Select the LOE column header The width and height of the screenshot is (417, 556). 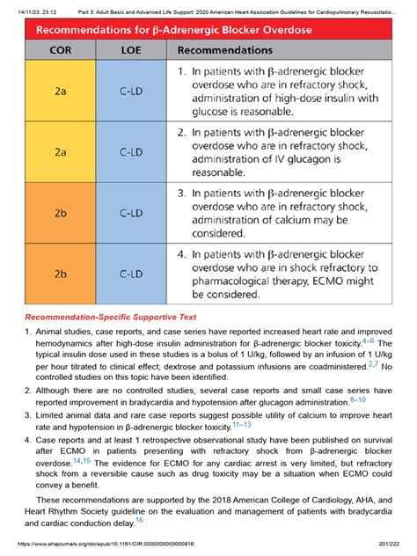click(x=131, y=52)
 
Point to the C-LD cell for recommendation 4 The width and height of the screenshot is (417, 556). click(x=131, y=273)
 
